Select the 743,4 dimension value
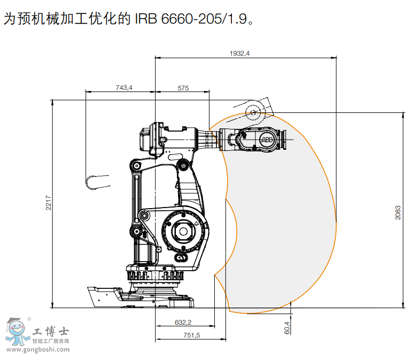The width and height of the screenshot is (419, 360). [123, 88]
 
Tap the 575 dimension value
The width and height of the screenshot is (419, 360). [183, 88]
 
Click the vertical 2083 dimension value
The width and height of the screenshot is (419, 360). [398, 212]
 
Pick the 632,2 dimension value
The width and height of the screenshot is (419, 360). [183, 322]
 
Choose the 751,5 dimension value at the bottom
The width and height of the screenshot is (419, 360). [190, 335]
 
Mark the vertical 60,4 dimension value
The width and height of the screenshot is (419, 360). [286, 327]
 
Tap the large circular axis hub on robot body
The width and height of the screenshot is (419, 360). [184, 232]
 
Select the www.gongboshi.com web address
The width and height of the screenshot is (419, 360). [35, 350]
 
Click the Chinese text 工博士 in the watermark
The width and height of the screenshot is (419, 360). [51, 332]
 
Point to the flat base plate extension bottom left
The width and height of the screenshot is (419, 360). [104, 296]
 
